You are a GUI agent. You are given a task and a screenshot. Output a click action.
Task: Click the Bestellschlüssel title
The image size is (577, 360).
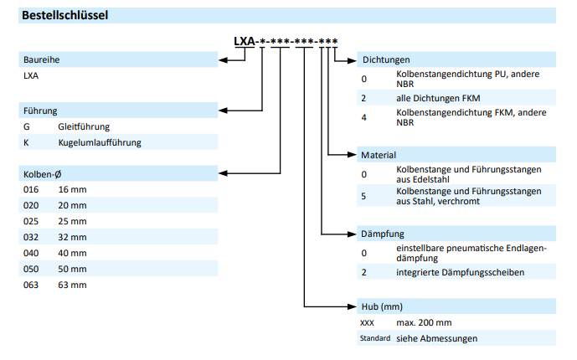(64, 15)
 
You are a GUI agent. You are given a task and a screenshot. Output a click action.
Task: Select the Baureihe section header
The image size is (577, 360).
(42, 59)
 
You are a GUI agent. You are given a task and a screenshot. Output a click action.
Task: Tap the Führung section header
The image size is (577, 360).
(41, 111)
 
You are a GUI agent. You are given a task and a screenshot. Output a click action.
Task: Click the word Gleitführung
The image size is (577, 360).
(84, 126)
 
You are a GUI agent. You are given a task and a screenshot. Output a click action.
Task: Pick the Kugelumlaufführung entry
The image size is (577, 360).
(100, 142)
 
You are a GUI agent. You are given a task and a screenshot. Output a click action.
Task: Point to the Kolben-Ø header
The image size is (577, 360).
(43, 173)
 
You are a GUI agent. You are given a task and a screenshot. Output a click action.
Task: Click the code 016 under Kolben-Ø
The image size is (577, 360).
(31, 189)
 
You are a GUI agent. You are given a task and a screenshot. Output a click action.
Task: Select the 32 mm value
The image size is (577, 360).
(72, 237)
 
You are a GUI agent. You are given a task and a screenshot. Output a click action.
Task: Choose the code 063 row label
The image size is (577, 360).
(31, 285)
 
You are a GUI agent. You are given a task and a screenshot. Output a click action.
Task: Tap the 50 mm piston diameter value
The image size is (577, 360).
(72, 269)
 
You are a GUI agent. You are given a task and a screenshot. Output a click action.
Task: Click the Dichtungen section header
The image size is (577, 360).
(385, 59)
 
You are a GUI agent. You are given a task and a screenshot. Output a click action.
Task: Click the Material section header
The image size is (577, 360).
(379, 155)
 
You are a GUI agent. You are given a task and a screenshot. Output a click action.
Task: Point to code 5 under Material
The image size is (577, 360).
(364, 197)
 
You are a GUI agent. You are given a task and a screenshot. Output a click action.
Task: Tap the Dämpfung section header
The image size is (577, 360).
(382, 234)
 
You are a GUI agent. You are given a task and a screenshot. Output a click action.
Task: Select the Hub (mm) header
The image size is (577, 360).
(383, 306)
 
